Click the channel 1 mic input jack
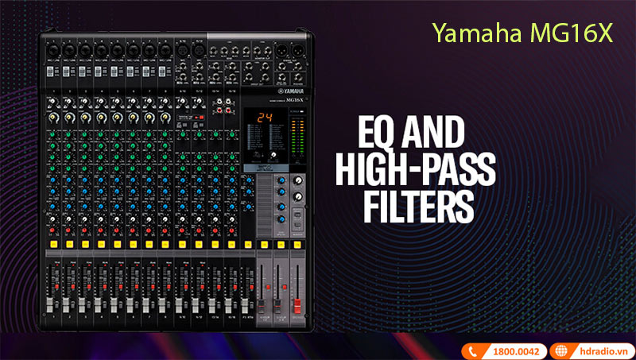(x=52, y=49)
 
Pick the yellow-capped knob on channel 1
(x=52, y=117)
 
